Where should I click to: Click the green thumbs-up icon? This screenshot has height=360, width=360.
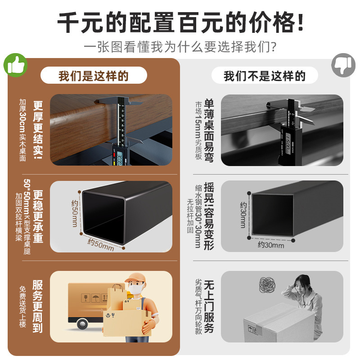point(16,65)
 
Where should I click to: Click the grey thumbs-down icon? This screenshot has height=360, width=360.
point(343,65)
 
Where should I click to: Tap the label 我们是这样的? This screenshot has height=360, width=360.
point(94,76)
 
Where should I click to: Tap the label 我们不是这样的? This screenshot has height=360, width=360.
point(265,76)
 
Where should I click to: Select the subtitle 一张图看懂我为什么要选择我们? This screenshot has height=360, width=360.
point(180,47)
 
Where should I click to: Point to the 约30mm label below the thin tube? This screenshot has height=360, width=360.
point(271,245)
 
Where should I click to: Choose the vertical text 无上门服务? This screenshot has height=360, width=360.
point(209,306)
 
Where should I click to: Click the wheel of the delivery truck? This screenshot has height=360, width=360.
point(82,324)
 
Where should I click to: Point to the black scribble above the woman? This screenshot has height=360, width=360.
point(267,283)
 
